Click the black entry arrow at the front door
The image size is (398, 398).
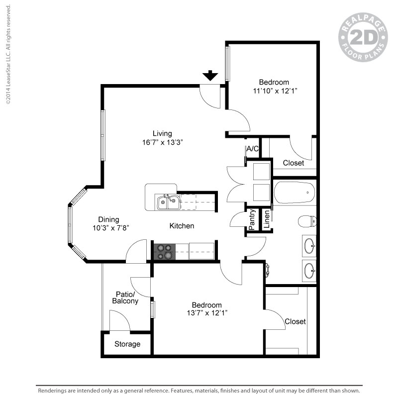[210, 76]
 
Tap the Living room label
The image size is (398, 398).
[162, 133]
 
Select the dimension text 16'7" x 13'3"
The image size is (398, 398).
[163, 142]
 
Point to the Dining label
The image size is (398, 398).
[108, 219]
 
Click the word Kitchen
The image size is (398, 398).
[182, 226]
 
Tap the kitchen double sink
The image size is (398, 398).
[169, 202]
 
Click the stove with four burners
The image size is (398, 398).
[165, 252]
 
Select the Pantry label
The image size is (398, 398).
[252, 219]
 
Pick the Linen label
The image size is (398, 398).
[267, 219]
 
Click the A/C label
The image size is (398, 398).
[252, 149]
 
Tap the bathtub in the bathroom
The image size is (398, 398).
[295, 193]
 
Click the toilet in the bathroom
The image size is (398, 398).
[307, 221]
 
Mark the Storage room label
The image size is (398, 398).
[127, 344]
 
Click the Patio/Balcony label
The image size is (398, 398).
[125, 298]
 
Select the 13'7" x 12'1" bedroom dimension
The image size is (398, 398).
[207, 313]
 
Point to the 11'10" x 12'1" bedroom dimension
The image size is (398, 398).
[275, 91]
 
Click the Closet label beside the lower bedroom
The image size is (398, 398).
[295, 321]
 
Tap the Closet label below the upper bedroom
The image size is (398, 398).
[294, 163]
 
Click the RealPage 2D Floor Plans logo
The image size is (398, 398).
[363, 37]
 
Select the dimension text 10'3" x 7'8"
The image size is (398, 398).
[111, 228]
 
